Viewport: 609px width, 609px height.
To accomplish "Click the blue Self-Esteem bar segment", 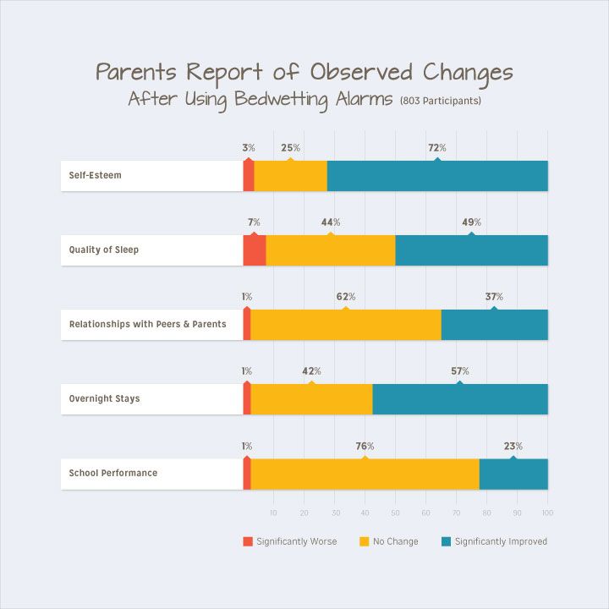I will pyautogui.click(x=437, y=176).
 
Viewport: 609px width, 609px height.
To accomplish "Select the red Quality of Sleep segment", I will pyautogui.click(x=255, y=250).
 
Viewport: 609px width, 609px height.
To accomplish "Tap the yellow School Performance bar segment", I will pyautogui.click(x=365, y=474).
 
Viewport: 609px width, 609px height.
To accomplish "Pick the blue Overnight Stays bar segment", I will pyautogui.click(x=460, y=399).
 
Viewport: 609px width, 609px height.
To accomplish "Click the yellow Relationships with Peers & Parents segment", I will pyautogui.click(x=346, y=325).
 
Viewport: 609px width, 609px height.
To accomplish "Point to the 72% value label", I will pyautogui.click(x=436, y=148).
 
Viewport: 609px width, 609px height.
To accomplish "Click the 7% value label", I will pyautogui.click(x=254, y=222).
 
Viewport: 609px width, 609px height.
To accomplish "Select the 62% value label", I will pyautogui.click(x=345, y=297).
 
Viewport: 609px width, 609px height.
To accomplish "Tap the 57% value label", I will pyautogui.click(x=459, y=371).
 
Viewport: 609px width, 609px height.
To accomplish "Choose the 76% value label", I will pyautogui.click(x=365, y=446).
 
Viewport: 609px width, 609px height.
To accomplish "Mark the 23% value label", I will pyautogui.click(x=513, y=446).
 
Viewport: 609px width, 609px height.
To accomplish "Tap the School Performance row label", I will pyautogui.click(x=112, y=474).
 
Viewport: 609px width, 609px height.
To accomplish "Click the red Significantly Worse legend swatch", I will pyautogui.click(x=248, y=541).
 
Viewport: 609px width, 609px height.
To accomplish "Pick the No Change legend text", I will pyautogui.click(x=395, y=541).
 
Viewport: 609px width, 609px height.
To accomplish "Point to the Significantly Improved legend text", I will pyautogui.click(x=501, y=541).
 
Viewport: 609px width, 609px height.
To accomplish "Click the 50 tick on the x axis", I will pyautogui.click(x=395, y=513).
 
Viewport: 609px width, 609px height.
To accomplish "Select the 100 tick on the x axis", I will pyautogui.click(x=547, y=513).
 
